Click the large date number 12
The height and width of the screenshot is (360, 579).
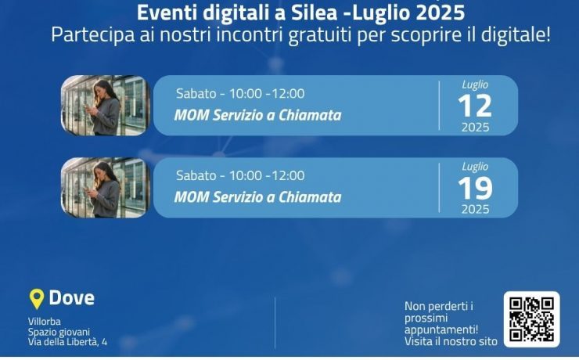pos(475,106)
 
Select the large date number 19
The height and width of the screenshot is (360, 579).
pos(475,188)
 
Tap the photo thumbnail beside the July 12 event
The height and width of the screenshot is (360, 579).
pos(105,105)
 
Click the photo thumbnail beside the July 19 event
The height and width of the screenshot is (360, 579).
pos(105,188)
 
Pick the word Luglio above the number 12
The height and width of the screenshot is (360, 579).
pos(475,85)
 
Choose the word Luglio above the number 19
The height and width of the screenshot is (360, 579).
pos(475,167)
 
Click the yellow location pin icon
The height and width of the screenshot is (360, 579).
pos(37,298)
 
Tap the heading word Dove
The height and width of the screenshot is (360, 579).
pos(72,297)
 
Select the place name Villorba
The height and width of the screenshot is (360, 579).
pos(45,321)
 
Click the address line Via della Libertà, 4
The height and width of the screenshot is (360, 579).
pos(67,342)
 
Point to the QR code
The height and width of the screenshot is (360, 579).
pos(532,319)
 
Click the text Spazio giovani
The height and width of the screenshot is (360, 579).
pos(59,332)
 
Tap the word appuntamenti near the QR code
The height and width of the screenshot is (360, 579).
pos(440,329)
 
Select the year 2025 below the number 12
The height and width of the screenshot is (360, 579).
pos(475,128)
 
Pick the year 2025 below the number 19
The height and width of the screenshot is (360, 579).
pos(475,210)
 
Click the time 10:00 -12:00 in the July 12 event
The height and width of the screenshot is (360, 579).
pos(267,93)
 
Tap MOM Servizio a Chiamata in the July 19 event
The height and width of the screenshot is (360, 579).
pos(257,196)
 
